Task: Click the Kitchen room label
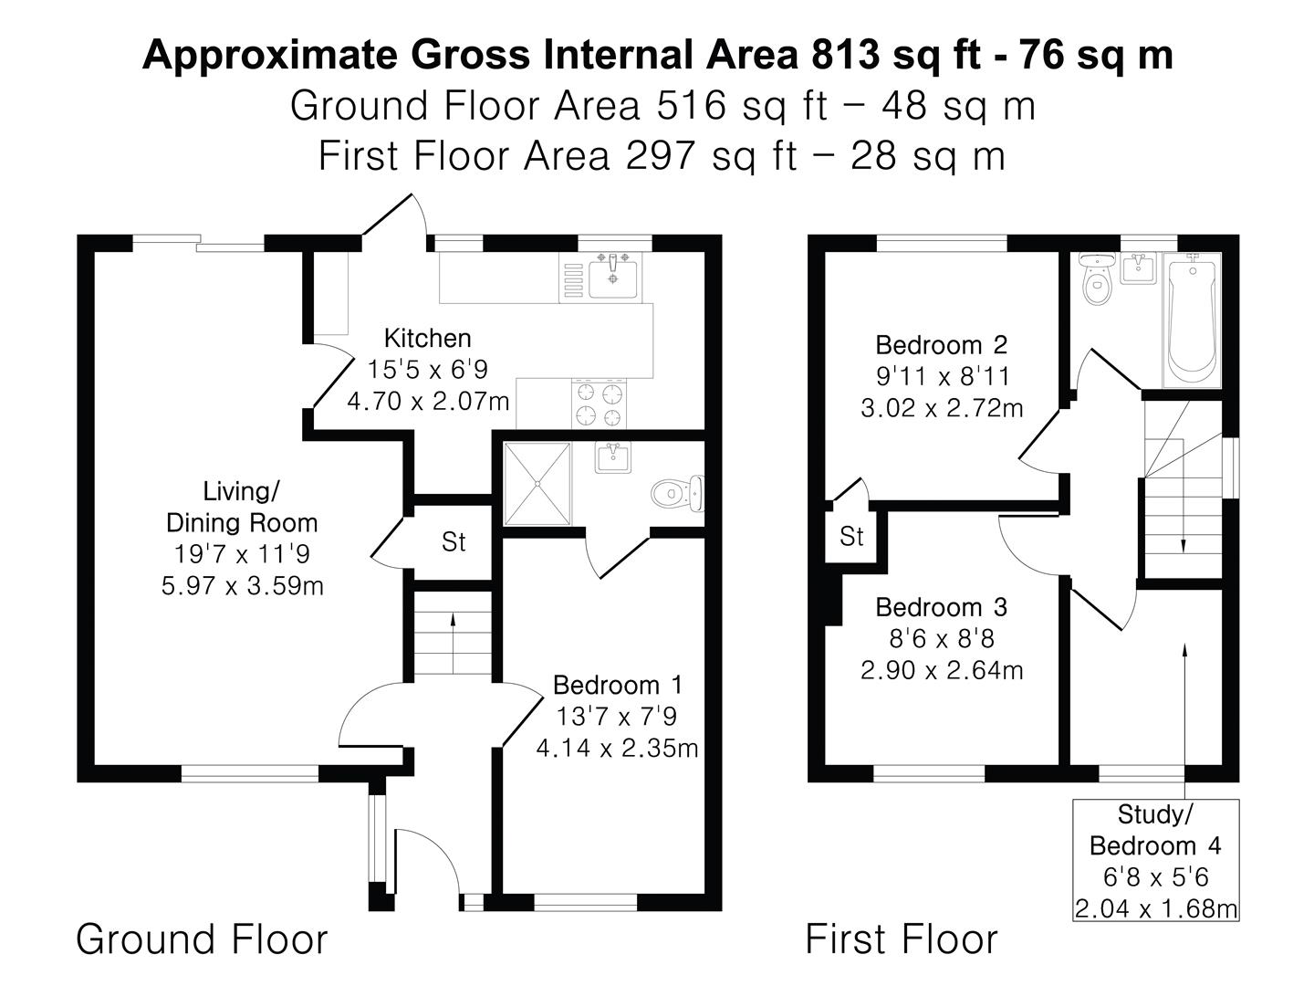[427, 339]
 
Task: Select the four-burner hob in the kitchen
[600, 404]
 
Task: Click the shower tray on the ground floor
[537, 484]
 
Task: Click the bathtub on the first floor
[1191, 320]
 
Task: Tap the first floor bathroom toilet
[1094, 283]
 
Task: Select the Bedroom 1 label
[618, 685]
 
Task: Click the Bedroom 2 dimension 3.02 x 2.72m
[942, 408]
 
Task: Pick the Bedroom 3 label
[941, 607]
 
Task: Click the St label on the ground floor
[454, 542]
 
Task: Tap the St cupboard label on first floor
[851, 537]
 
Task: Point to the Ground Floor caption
[202, 939]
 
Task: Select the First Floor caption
[902, 939]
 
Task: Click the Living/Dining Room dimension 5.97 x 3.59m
[243, 585]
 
